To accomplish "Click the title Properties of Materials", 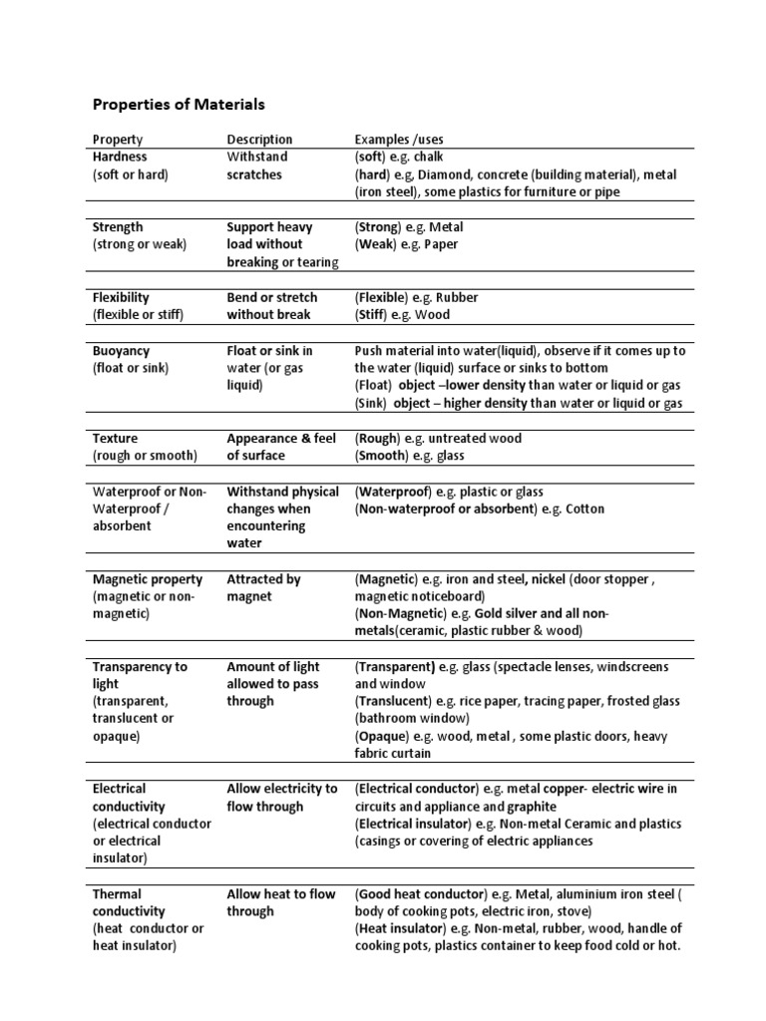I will pyautogui.click(x=179, y=104).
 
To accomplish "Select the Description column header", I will pyautogui.click(x=259, y=140).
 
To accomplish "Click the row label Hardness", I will pyautogui.click(x=120, y=157).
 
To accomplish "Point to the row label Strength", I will pyautogui.click(x=118, y=227).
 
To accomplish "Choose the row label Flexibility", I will pyautogui.click(x=121, y=297).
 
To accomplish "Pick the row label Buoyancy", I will pyautogui.click(x=121, y=351).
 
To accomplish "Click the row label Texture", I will pyautogui.click(x=115, y=439).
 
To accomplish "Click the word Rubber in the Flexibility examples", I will pyautogui.click(x=458, y=297).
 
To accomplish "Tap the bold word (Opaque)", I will pyautogui.click(x=382, y=736).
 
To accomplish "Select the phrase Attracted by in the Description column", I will pyautogui.click(x=263, y=579).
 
